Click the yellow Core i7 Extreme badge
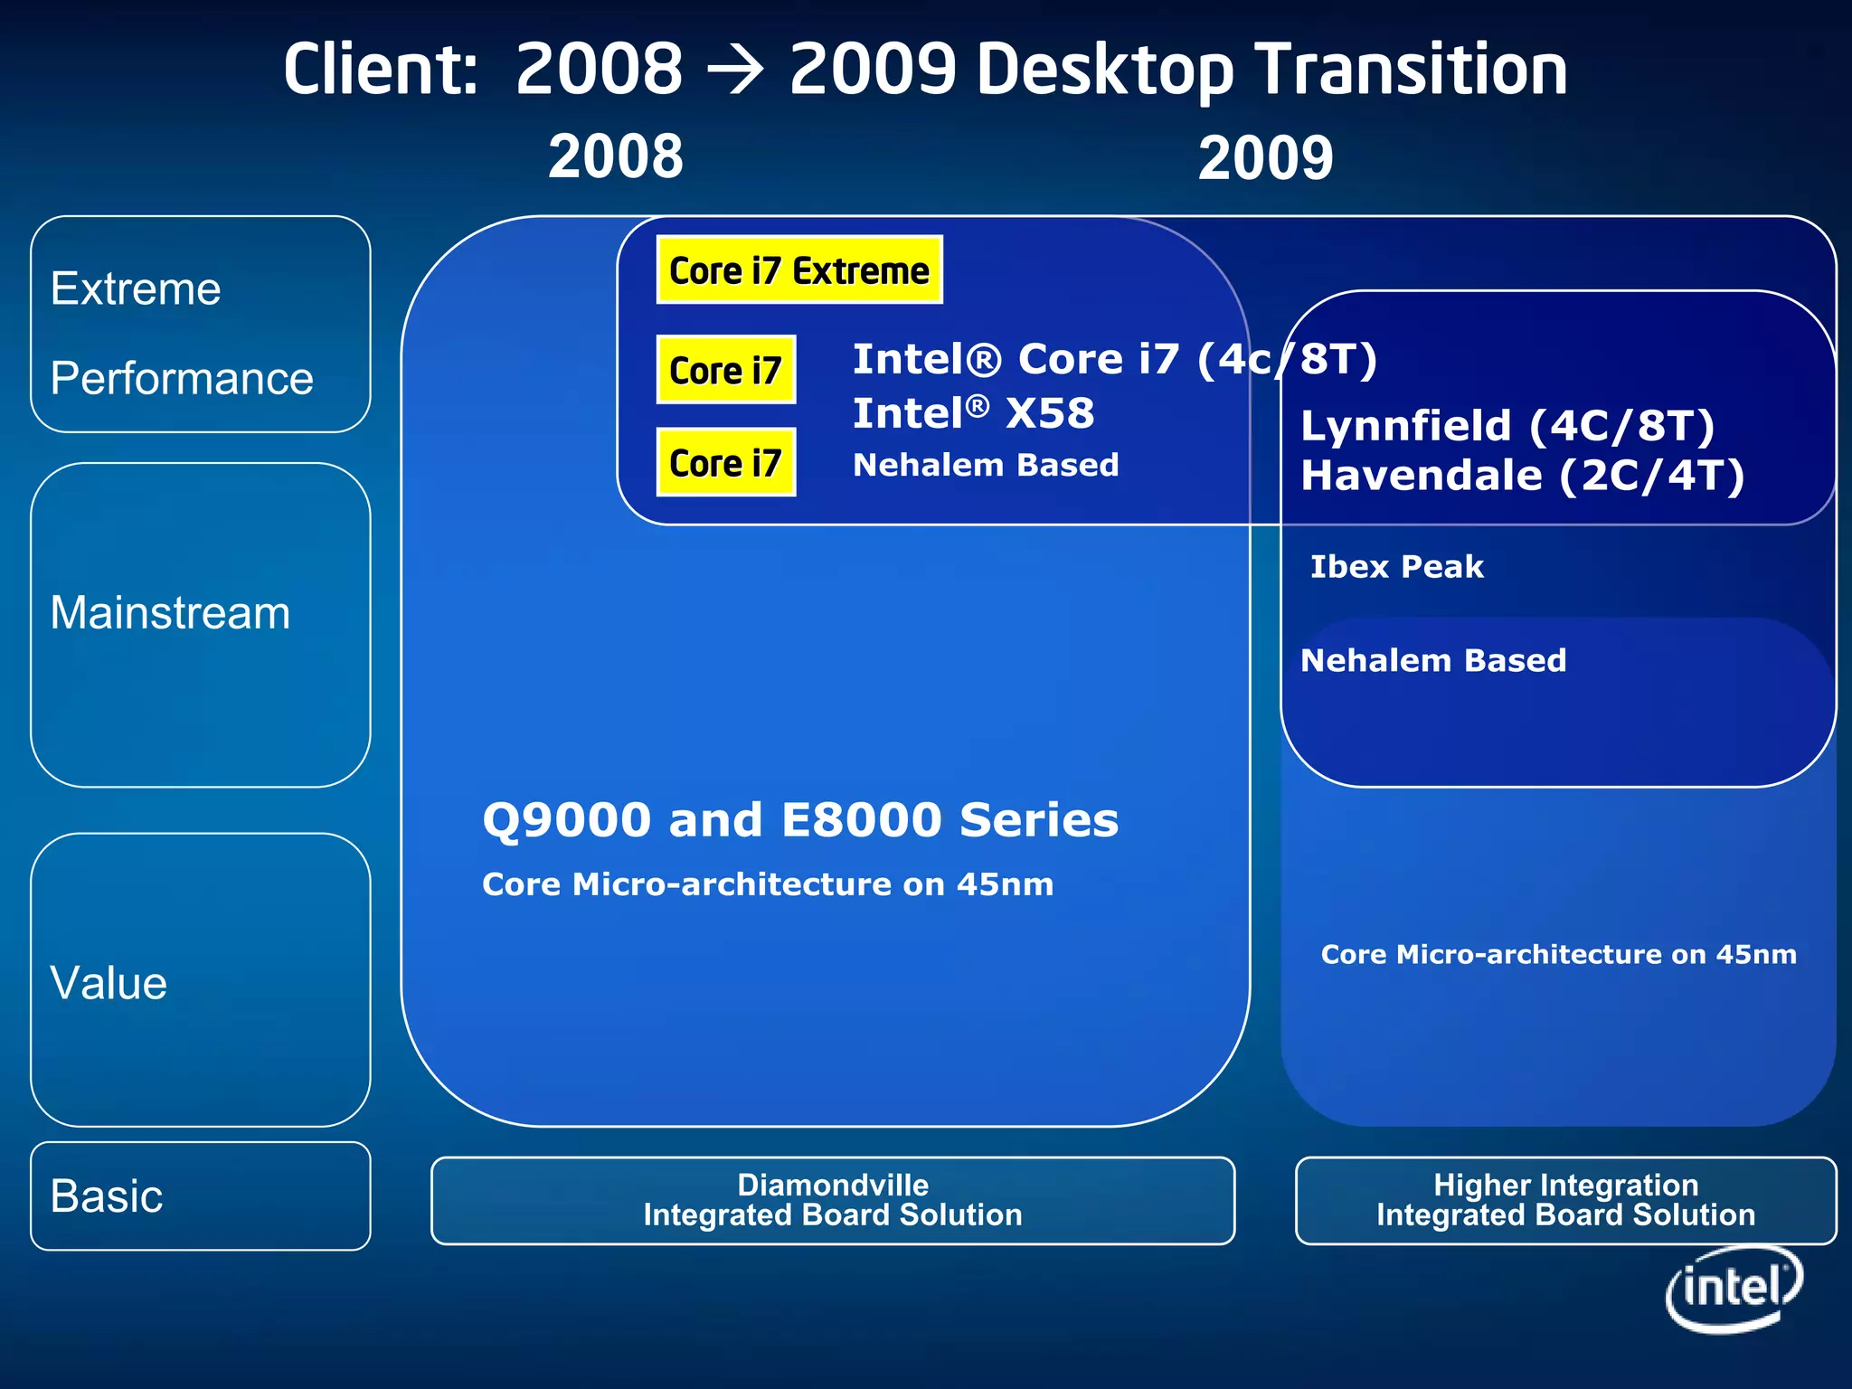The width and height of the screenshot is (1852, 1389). click(799, 270)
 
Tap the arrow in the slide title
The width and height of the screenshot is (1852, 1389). click(736, 71)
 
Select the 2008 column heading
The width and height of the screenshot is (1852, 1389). click(616, 156)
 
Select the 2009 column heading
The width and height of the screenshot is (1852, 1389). click(1265, 158)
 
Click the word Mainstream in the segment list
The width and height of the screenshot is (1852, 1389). click(170, 613)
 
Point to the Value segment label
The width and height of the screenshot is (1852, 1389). click(109, 983)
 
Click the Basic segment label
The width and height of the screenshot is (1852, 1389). click(107, 1196)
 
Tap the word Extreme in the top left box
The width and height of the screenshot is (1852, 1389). click(136, 289)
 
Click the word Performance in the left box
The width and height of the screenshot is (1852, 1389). click(182, 378)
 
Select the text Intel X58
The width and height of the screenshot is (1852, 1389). click(973, 413)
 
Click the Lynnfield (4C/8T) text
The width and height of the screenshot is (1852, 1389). click(1507, 426)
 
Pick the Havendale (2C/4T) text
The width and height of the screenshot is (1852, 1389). click(1522, 476)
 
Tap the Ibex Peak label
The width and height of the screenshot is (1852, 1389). click(1396, 567)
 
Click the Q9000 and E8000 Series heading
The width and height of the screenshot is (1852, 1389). click(800, 820)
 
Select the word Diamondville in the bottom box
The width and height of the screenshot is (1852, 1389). click(833, 1185)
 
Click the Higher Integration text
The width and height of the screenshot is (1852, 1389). click(1565, 1185)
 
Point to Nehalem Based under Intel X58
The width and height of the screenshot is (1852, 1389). click(986, 465)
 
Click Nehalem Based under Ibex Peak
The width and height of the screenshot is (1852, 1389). click(1432, 660)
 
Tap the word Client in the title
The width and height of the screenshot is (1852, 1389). click(380, 71)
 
